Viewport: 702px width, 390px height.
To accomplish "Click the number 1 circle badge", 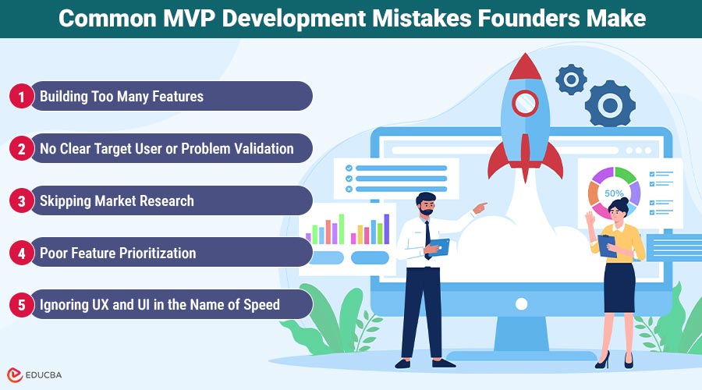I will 21,97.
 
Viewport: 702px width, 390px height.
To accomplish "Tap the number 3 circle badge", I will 21,200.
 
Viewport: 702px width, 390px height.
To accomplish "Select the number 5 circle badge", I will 21,304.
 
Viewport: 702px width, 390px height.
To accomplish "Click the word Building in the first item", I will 65,97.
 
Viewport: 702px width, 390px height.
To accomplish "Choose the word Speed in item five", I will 261,304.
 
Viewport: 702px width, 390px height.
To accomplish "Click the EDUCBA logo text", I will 45,374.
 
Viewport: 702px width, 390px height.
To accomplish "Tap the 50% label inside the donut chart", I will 614,193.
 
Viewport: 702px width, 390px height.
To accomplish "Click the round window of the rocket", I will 526,101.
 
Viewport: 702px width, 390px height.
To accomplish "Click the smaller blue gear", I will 571,79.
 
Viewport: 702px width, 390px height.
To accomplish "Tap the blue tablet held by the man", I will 439,248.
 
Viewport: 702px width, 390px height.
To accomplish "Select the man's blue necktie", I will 427,235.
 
